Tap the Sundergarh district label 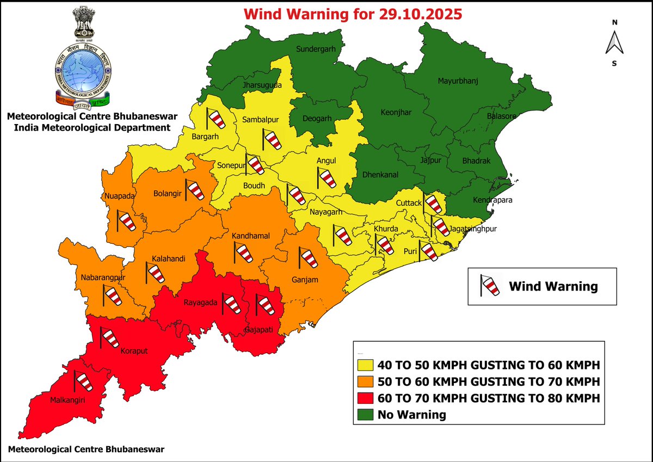(315, 49)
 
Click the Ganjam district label (305, 280)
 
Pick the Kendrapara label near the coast (492, 200)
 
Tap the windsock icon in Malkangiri (83, 381)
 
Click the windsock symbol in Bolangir (194, 190)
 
